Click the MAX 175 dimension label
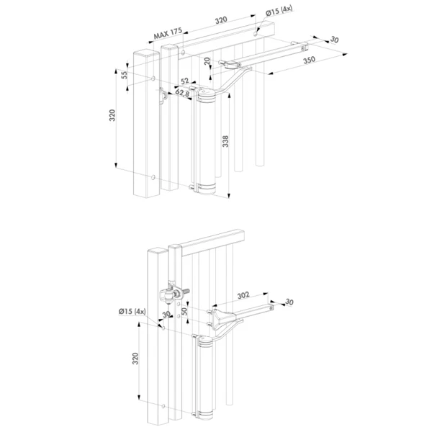(x=168, y=33)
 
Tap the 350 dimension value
(x=309, y=60)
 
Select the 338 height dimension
(x=225, y=141)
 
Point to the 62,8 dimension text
(x=182, y=93)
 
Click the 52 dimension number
(x=184, y=81)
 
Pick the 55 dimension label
(x=125, y=75)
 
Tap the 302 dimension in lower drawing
(x=243, y=295)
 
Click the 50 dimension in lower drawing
(x=184, y=311)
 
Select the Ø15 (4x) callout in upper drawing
(x=279, y=11)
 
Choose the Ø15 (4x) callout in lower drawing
(x=132, y=311)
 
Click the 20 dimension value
(x=207, y=60)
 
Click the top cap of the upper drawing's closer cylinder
(x=207, y=94)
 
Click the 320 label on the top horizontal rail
(x=221, y=20)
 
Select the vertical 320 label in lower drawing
(x=135, y=359)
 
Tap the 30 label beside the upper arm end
(x=334, y=40)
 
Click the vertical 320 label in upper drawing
(x=112, y=115)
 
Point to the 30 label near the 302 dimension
(x=289, y=302)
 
